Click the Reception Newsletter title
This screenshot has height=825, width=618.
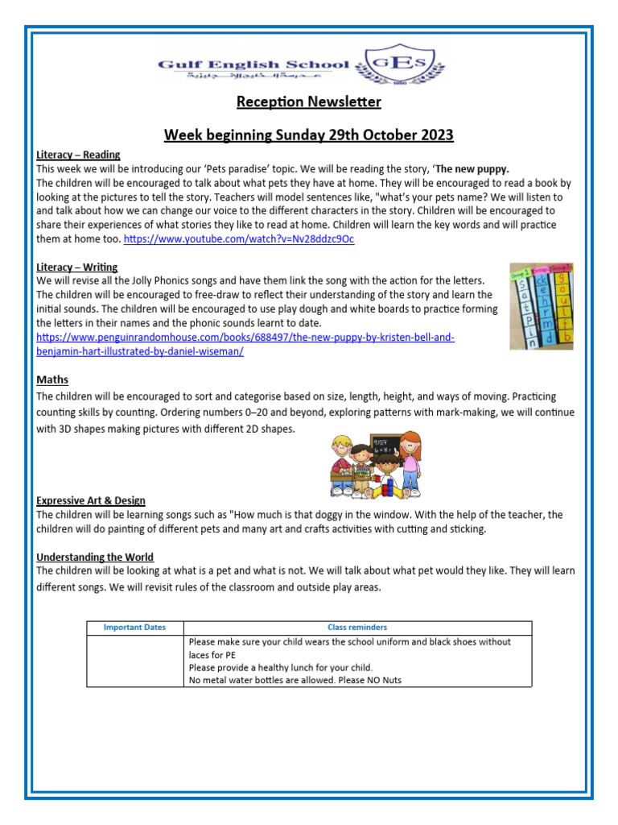point(308,102)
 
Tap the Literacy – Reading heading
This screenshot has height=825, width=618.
point(78,155)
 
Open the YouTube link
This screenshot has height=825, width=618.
point(239,239)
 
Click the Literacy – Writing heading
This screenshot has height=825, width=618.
point(77,267)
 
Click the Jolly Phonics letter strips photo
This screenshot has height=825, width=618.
point(541,305)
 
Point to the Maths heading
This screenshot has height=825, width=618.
point(52,379)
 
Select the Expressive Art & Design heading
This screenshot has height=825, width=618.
point(91,500)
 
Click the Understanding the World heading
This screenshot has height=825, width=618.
point(95,557)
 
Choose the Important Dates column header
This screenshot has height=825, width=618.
point(134,628)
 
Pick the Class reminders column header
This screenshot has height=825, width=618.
point(356,628)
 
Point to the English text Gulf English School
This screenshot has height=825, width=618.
point(253,64)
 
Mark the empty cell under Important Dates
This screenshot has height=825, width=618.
point(134,661)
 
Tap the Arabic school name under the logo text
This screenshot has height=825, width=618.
point(249,77)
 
